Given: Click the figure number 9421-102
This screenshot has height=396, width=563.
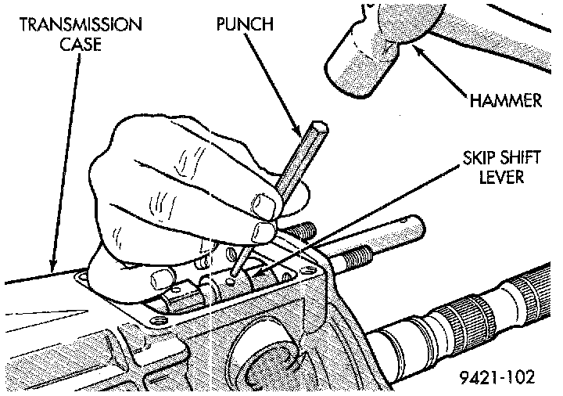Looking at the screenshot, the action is pos(497,377).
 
